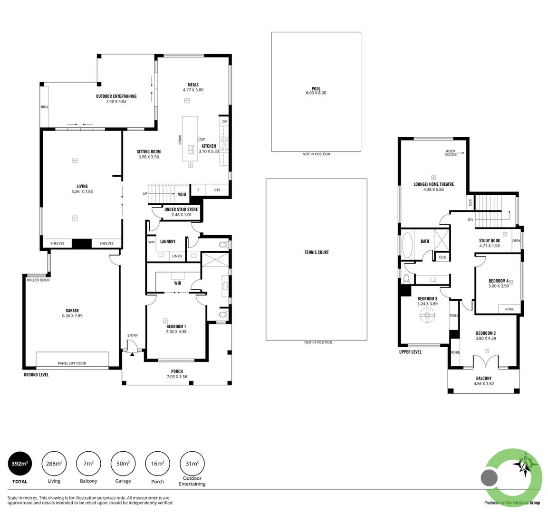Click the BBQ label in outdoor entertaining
[x=44, y=107]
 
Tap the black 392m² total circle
[x=20, y=464]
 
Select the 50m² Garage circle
[x=123, y=464]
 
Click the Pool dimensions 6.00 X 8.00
[x=316, y=93]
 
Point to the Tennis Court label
[x=317, y=252]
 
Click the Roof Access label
[x=451, y=153]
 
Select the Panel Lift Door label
[x=72, y=363]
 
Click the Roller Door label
[x=38, y=280]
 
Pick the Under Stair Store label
[x=181, y=209]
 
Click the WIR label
[x=178, y=283]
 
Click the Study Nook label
[x=490, y=241]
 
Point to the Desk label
[x=516, y=241]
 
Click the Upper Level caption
[x=410, y=352]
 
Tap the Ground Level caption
[x=36, y=375]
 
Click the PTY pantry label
[x=217, y=190]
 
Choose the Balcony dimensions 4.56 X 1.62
[x=484, y=384]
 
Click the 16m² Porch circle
[x=157, y=464]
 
